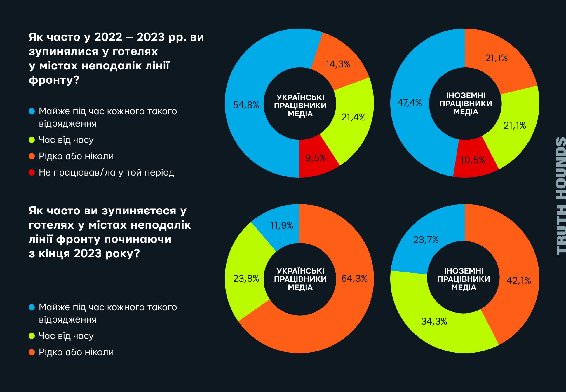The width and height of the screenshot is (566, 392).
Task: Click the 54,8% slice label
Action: (x=246, y=105)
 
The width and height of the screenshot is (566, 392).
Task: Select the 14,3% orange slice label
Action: (x=338, y=64)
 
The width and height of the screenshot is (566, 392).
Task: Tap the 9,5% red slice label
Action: (x=316, y=158)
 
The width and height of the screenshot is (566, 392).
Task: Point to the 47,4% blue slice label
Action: (x=410, y=103)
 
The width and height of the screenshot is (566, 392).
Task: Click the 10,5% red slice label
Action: (x=473, y=160)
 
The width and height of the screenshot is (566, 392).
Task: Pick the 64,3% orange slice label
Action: (x=354, y=279)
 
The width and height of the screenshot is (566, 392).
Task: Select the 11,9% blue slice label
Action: (x=282, y=225)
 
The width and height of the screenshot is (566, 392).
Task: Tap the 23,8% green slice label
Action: (x=246, y=279)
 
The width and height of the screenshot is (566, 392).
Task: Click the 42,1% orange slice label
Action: (x=519, y=281)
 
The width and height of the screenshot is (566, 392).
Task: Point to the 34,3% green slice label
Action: (x=434, y=321)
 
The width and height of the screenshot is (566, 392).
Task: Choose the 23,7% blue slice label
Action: (x=426, y=240)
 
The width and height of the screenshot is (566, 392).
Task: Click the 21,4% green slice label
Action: (x=353, y=117)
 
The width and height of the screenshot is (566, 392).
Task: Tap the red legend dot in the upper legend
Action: (x=32, y=172)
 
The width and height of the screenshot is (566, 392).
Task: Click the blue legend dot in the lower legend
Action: (x=32, y=307)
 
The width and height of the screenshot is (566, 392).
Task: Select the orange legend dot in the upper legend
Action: (x=32, y=156)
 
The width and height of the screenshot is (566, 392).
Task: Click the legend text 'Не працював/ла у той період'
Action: (x=107, y=172)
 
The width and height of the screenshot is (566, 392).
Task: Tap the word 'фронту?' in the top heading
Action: (x=54, y=80)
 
